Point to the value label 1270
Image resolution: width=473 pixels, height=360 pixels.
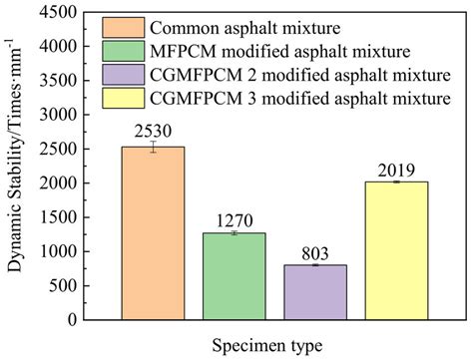point(234,219)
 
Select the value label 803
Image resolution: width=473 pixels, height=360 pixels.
point(315,251)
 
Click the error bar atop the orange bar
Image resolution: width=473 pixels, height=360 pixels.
point(153,148)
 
